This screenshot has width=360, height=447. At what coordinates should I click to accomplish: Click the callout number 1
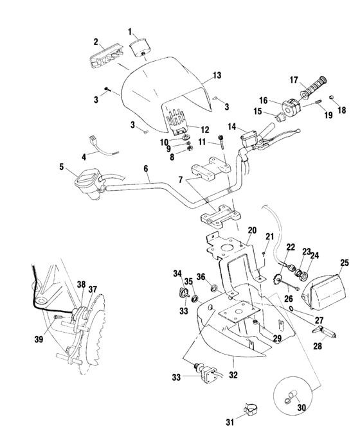click(130, 31)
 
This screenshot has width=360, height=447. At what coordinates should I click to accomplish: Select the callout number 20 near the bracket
click(252, 230)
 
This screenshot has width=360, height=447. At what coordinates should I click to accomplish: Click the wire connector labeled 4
click(93, 139)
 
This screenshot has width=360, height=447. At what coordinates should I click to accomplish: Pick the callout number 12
click(188, 129)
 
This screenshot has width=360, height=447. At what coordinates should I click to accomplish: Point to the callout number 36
click(201, 276)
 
